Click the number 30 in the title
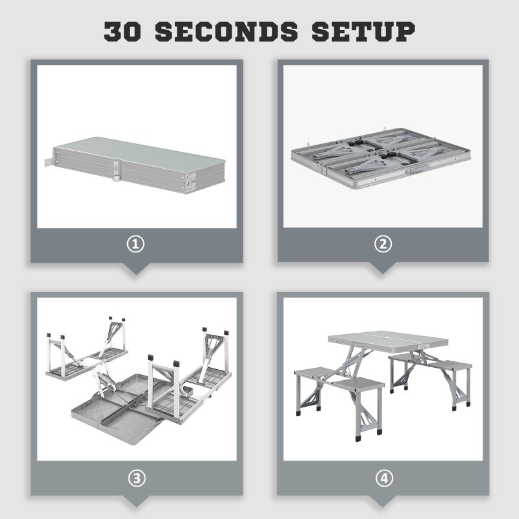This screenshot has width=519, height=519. (x=125, y=31)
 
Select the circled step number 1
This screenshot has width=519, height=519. (x=137, y=245)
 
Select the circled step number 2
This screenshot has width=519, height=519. (x=383, y=245)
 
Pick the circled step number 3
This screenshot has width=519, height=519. (x=137, y=478)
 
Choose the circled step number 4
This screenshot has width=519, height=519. (x=383, y=478)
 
